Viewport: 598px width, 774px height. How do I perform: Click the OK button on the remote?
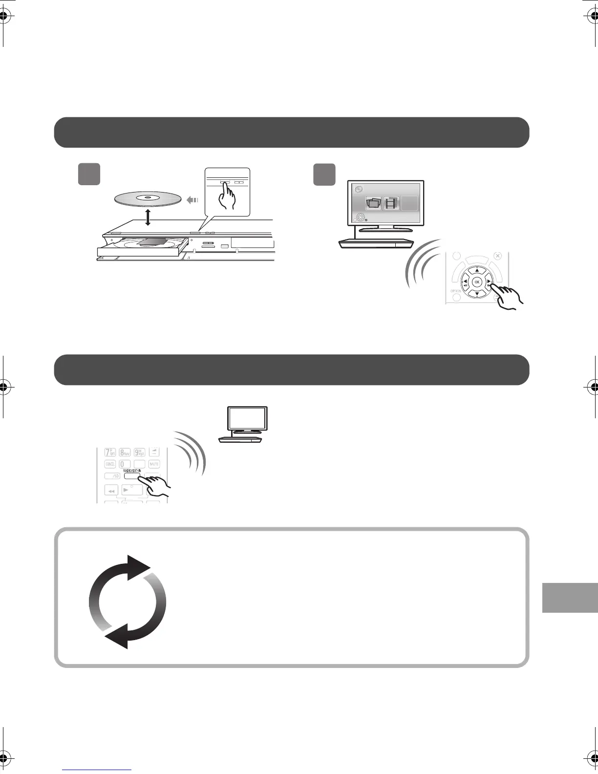(477, 282)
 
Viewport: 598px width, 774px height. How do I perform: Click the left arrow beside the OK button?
(465, 282)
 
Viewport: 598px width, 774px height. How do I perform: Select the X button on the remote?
(497, 256)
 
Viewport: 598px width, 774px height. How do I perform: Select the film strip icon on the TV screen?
(391, 203)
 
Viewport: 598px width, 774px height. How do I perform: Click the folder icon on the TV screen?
(374, 203)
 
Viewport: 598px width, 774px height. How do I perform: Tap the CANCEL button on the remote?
(110, 463)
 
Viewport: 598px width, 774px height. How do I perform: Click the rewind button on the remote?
(112, 490)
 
